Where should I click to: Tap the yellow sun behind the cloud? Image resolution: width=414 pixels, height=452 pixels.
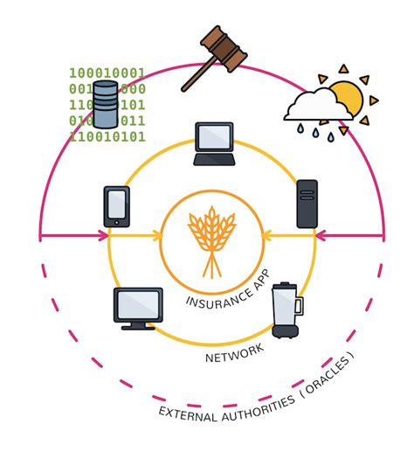pos(346,96)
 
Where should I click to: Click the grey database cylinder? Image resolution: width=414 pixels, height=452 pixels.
pos(106,103)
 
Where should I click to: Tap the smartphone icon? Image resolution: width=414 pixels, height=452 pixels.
pos(116,206)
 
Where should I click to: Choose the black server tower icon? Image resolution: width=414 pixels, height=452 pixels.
pos(307,204)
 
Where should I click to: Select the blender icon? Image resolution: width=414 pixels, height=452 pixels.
pos(286,310)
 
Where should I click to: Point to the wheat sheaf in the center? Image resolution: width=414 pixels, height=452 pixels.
pos(211,234)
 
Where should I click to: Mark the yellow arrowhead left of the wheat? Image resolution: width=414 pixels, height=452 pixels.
pos(157,234)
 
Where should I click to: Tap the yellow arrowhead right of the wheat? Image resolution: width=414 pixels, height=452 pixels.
pos(266,234)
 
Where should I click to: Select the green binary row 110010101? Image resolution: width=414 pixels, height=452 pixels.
pos(107,136)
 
